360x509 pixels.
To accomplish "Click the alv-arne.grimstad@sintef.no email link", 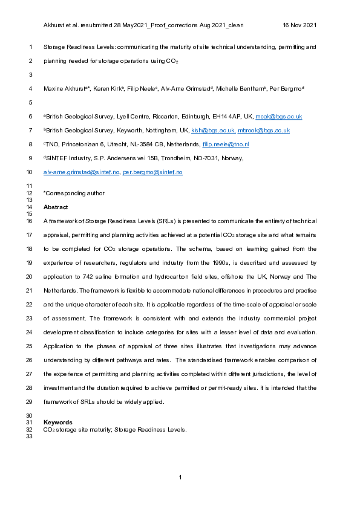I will coord(81,172).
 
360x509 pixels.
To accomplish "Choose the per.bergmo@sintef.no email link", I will coord(152,172).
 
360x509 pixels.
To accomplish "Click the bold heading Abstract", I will coord(56,207).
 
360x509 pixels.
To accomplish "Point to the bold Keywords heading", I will coord(58,422).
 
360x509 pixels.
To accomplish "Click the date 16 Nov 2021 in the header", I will coord(300,25).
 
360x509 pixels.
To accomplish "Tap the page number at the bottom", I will coord(180,478).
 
